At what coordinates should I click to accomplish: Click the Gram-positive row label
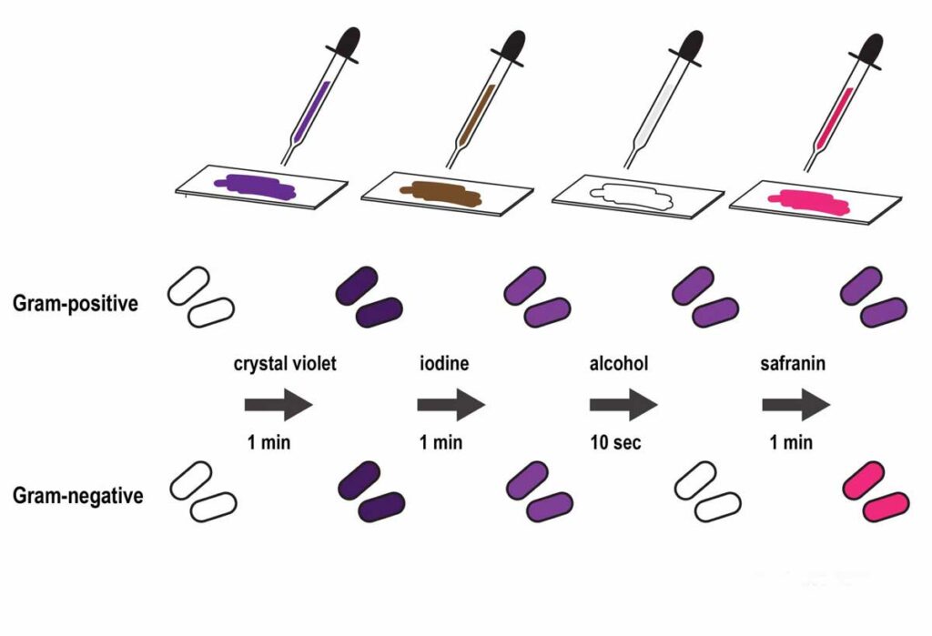point(76,303)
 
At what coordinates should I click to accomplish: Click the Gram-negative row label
point(77,497)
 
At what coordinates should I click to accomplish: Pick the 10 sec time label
point(621,443)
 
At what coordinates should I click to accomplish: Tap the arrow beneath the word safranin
point(795,405)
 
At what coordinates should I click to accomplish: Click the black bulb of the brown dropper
point(510,46)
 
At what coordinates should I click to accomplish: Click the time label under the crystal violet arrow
point(268,443)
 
